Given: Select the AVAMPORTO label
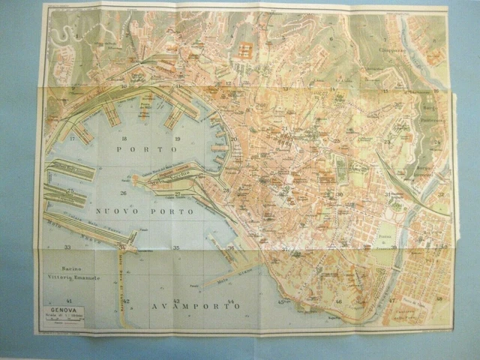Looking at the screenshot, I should click(x=193, y=307).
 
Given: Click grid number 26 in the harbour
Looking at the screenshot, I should click(x=123, y=193).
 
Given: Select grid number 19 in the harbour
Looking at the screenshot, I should click(x=178, y=139).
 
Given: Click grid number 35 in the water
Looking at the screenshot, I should click(x=176, y=247).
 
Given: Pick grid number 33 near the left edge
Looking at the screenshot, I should click(x=67, y=247).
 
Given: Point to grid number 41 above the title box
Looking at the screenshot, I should click(x=69, y=301).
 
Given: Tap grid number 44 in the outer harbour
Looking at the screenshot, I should click(x=231, y=301).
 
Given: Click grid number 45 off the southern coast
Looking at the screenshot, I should click(x=281, y=301).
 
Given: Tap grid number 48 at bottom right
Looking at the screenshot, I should click(x=439, y=298).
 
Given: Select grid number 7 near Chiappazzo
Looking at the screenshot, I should click(x=385, y=39).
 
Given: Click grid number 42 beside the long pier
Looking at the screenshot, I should click(x=126, y=301).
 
